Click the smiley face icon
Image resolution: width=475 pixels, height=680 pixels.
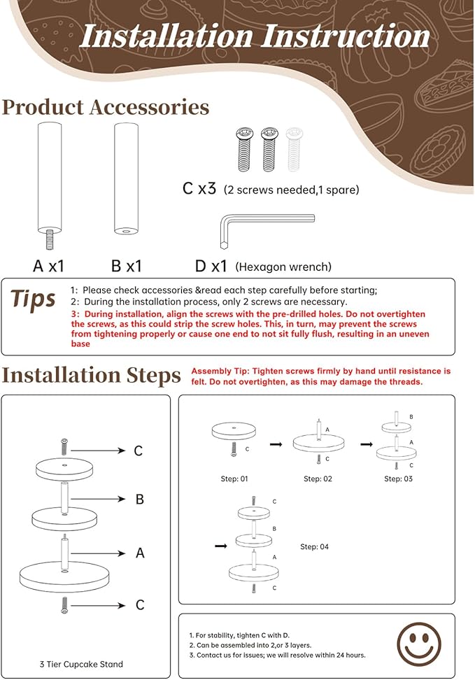tap(418, 645)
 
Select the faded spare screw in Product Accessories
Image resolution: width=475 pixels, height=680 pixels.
tap(294, 150)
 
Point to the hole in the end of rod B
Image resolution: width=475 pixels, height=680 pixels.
tap(126, 232)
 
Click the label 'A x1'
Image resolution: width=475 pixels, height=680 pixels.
tap(48, 266)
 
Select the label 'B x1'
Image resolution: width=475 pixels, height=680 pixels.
tap(126, 266)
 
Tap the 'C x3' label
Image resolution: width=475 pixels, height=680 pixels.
tap(199, 189)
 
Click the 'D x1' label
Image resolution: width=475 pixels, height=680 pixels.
tap(211, 266)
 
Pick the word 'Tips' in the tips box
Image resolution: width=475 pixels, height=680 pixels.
tap(33, 299)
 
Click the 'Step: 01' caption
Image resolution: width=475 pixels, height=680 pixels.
tap(234, 479)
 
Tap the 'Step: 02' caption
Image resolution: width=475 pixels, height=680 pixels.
tap(318, 479)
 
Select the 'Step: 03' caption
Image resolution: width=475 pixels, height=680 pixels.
tap(398, 479)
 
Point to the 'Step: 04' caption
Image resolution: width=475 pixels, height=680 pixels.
tap(315, 547)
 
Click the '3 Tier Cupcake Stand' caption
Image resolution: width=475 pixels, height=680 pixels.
tap(81, 664)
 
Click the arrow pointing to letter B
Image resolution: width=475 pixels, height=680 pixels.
tap(98, 500)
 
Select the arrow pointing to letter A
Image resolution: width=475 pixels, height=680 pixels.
tap(98, 553)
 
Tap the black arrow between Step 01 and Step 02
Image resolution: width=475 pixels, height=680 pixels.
tap(276, 444)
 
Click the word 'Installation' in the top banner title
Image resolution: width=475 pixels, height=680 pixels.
tap(166, 36)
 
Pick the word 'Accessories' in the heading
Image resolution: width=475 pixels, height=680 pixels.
tap(149, 108)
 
